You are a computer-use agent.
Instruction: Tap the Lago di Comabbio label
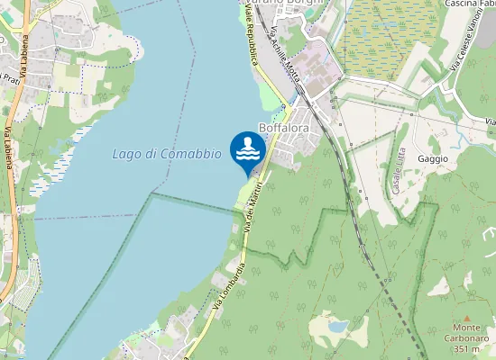[167, 154]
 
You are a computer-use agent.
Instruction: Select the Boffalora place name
[284, 129]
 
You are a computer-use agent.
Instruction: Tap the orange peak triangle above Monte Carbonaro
[467, 319]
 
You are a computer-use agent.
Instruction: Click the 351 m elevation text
[466, 349]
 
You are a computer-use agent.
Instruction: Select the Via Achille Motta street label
[284, 54]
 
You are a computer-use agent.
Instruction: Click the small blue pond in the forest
[337, 327]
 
